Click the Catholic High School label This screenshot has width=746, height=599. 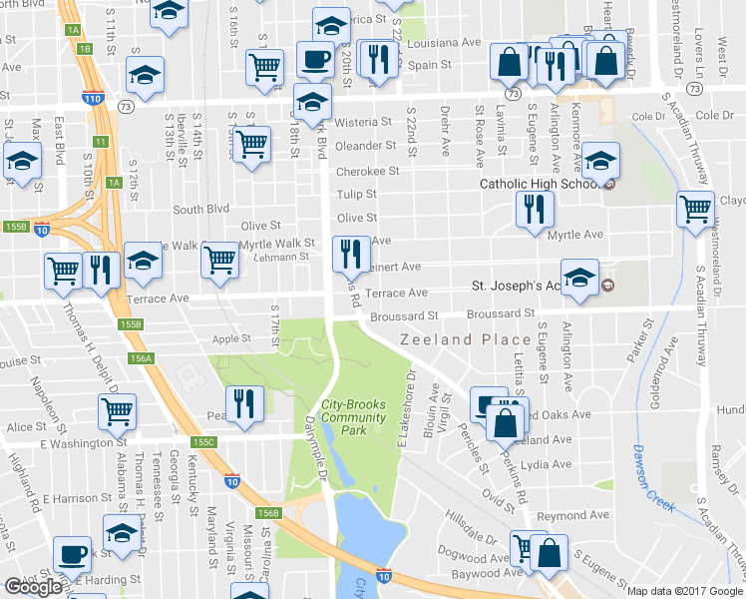click(x=539, y=184)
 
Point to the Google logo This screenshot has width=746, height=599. click(x=34, y=586)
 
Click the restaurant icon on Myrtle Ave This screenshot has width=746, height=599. click(x=535, y=210)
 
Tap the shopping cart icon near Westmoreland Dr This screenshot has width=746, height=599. click(x=695, y=210)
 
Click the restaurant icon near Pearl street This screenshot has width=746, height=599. click(x=244, y=402)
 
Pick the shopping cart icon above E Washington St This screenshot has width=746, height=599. click(x=118, y=410)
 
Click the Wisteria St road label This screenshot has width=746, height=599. click(x=363, y=122)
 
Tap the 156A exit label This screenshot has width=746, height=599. click(x=141, y=357)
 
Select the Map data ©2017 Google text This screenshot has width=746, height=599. click(x=685, y=591)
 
